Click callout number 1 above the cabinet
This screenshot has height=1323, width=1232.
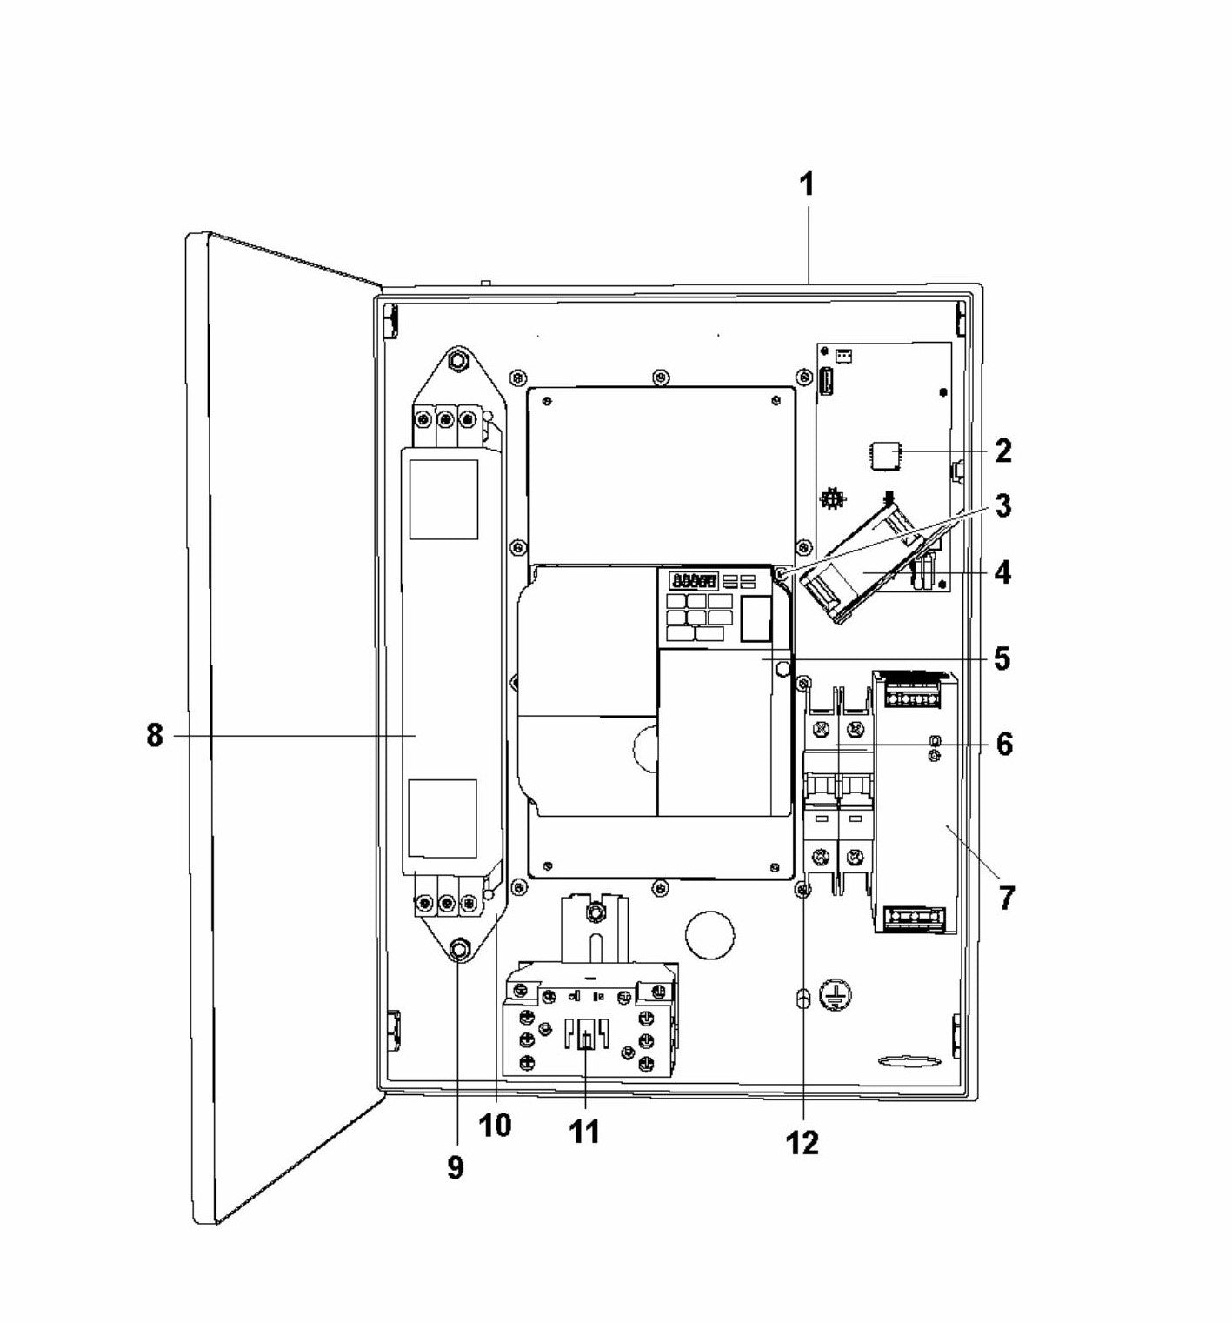(807, 185)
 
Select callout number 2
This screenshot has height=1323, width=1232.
(1002, 451)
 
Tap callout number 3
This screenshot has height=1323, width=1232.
(1002, 506)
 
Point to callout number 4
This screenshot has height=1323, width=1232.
(1002, 574)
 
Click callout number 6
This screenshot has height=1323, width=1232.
(1003, 745)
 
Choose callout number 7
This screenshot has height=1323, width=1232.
(1005, 897)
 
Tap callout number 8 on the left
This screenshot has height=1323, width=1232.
(154, 736)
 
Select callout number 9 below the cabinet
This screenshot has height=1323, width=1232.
(455, 1167)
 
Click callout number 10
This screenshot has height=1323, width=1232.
(495, 1125)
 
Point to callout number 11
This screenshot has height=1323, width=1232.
(584, 1133)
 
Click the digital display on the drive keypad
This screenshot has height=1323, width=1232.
(693, 580)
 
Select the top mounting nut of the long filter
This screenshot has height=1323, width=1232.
(457, 358)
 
